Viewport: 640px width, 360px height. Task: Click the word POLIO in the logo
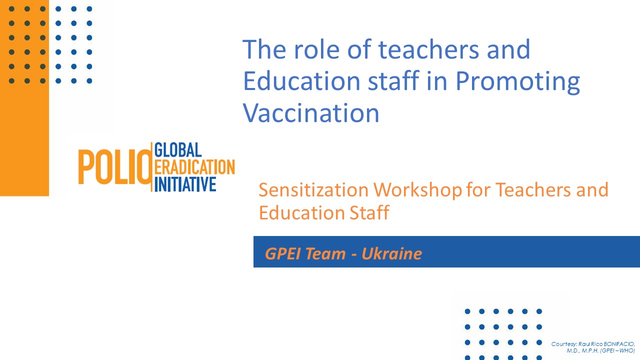pos(114,167)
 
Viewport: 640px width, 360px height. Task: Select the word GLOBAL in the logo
pos(178,149)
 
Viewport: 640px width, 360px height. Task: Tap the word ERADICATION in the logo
pos(194,167)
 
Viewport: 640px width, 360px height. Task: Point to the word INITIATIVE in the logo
pos(185,184)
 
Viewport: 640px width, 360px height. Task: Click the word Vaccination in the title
pos(311,113)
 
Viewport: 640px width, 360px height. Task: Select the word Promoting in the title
pos(517,81)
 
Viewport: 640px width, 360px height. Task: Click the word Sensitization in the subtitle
pos(313,189)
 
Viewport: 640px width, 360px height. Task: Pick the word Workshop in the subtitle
pos(417,190)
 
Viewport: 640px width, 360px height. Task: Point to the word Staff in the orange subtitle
pos(369,212)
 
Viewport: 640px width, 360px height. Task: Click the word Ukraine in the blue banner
pos(391,253)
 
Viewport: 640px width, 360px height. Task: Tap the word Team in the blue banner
pos(325,253)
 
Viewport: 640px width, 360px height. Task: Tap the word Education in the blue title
pos(301,81)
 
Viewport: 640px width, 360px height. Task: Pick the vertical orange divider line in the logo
pos(151,167)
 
